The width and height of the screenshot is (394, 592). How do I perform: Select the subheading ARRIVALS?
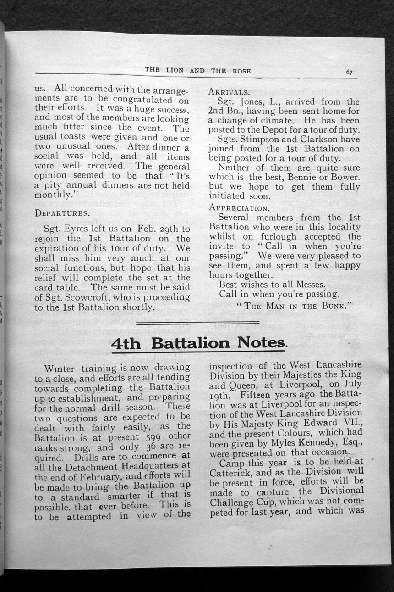click(229, 92)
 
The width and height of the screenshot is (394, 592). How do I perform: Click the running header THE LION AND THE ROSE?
click(198, 70)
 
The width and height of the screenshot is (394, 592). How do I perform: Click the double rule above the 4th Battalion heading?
click(198, 324)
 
